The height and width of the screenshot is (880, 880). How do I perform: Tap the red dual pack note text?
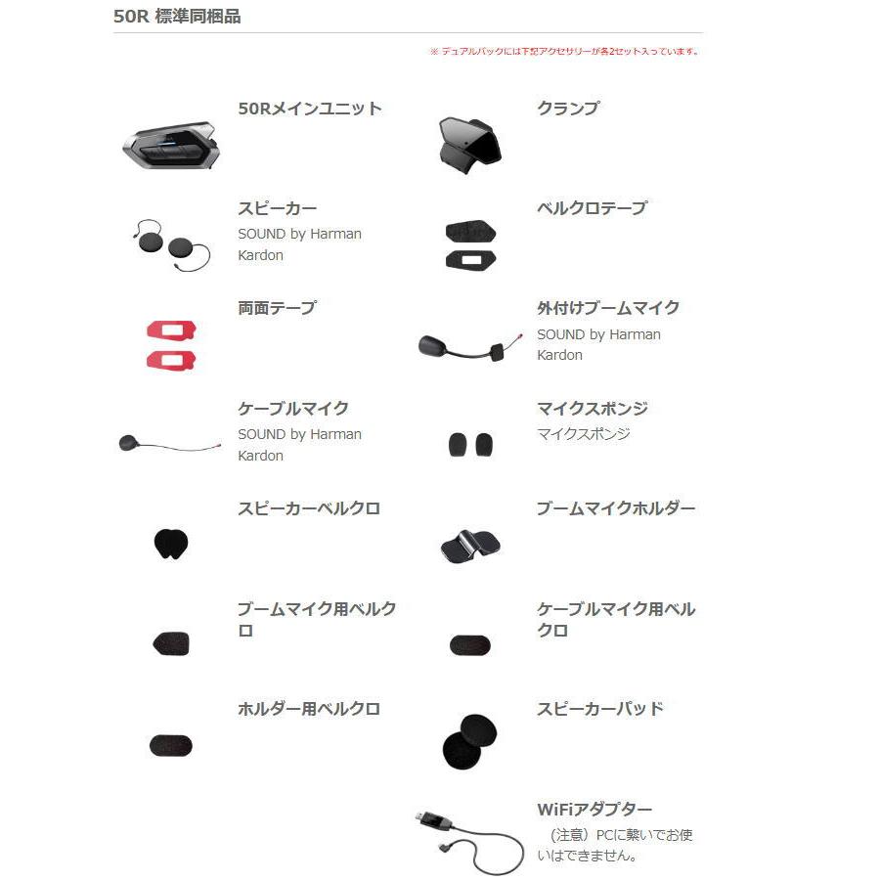click(564, 52)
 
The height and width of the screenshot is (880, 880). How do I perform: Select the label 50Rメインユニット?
click(310, 109)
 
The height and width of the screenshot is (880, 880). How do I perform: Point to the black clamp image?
click(469, 142)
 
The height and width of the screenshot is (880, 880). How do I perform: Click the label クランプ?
click(567, 109)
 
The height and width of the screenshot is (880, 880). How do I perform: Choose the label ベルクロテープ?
click(592, 208)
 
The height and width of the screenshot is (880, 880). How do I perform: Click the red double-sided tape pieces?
click(171, 344)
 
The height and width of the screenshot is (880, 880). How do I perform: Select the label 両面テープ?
click(278, 308)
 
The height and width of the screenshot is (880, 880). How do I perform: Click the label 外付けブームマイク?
click(608, 308)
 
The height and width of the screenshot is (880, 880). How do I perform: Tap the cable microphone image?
click(168, 444)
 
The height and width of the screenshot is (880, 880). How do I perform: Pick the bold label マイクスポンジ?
click(592, 409)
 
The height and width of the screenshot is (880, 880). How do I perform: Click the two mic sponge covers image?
click(470, 445)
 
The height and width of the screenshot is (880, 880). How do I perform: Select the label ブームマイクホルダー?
click(616, 508)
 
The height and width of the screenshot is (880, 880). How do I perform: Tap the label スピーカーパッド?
click(599, 709)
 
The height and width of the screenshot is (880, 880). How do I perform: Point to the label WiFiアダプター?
click(594, 810)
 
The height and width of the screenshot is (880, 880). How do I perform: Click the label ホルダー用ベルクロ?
click(309, 709)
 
